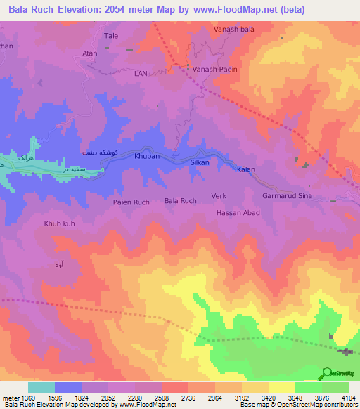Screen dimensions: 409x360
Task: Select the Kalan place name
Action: pos(245,169)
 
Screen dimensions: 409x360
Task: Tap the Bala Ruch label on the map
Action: pos(180,201)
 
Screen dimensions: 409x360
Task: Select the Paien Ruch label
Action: pos(131,202)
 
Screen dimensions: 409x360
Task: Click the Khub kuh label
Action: pos(59,223)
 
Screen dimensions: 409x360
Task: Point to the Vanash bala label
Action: pos(234,30)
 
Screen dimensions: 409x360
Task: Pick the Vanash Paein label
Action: pos(215,70)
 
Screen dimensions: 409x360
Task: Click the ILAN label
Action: pos(140,72)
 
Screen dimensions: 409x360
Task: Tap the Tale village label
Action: pos(111,35)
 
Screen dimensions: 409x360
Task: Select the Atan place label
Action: pos(89,53)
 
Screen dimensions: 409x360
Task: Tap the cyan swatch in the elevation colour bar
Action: pos(41,387)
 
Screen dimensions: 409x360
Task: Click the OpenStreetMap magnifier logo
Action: pos(327,374)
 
